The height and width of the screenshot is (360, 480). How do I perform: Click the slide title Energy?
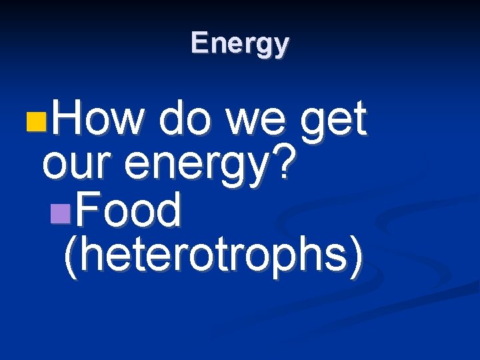239,44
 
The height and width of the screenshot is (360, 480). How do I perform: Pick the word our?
73,167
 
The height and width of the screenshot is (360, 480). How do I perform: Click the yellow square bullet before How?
37,123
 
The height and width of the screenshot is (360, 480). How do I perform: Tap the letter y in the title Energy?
283,47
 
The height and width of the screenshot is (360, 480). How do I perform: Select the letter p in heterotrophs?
273,259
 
